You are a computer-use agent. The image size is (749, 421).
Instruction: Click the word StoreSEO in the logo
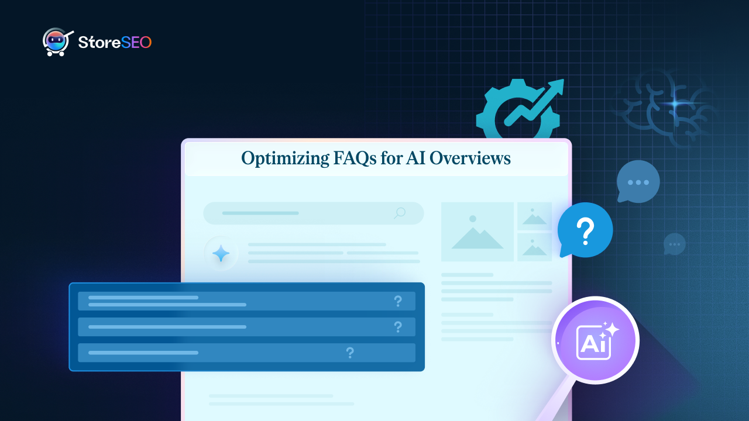tap(115, 43)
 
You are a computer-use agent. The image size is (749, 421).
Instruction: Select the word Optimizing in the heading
tap(285, 158)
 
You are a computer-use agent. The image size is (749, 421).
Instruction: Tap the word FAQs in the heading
tap(355, 158)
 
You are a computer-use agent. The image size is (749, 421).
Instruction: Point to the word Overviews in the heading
tap(470, 158)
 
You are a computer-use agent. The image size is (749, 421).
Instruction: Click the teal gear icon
tap(518, 109)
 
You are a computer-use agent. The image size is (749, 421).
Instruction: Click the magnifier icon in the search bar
tap(400, 213)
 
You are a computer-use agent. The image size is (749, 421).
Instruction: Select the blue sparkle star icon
tap(221, 253)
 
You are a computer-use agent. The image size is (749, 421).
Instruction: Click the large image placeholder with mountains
tap(477, 232)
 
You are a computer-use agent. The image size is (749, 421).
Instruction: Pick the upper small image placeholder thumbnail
tap(534, 216)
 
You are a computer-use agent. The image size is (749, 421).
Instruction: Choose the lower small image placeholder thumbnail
tap(534, 247)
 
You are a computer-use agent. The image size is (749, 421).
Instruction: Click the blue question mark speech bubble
tap(585, 230)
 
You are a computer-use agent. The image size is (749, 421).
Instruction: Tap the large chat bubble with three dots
tap(638, 181)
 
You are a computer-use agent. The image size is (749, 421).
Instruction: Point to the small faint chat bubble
tap(675, 244)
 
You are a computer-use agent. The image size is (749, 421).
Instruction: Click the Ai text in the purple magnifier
tap(593, 344)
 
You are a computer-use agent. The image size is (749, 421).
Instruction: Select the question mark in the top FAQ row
tap(398, 301)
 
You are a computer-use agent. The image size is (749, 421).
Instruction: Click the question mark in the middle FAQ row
tap(398, 327)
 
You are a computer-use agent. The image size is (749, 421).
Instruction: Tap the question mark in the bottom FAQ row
tap(350, 353)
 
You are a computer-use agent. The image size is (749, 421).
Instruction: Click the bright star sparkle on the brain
tap(675, 104)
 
